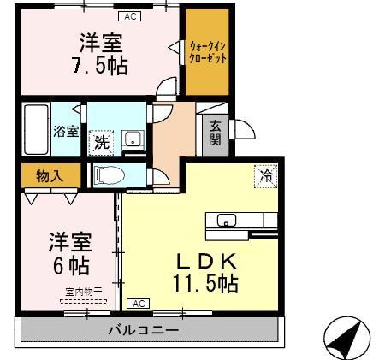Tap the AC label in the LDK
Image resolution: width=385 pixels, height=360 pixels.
(x=138, y=304)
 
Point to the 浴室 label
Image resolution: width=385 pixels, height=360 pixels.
(x=66, y=131)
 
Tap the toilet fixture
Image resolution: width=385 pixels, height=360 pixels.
(x=109, y=174)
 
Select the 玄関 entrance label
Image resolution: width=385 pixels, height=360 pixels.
(x=215, y=133)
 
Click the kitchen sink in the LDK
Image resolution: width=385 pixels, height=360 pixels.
(x=227, y=221)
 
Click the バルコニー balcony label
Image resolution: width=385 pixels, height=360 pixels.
(x=143, y=330)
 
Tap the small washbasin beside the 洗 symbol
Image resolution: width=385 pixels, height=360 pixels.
(x=133, y=139)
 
